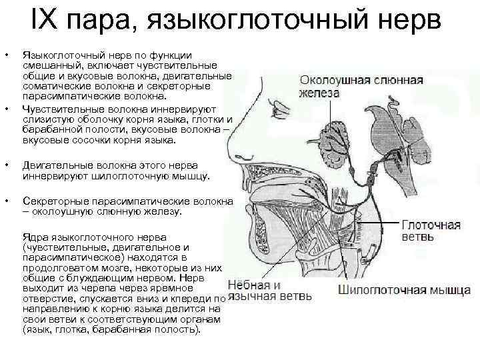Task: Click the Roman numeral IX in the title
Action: pos(43,19)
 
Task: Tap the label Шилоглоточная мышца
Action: pos(404,291)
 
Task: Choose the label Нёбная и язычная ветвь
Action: pos(269,291)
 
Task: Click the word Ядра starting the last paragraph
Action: pos(35,237)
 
